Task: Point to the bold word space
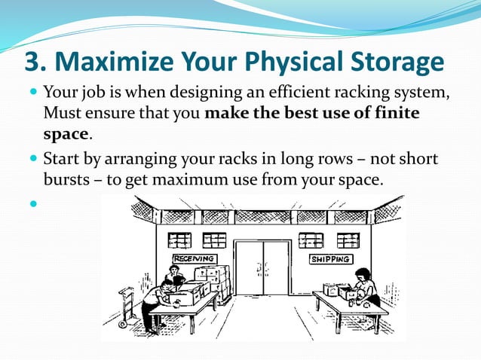click(66, 134)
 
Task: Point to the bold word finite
click(396, 114)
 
